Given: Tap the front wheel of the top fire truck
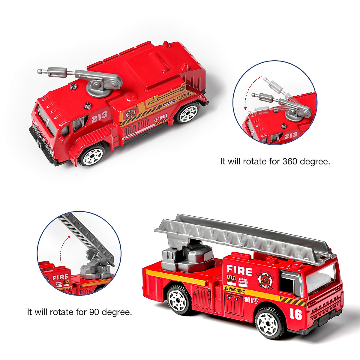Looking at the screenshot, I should pyautogui.click(x=92, y=155).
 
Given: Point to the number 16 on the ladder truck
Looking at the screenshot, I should pyautogui.click(x=296, y=314).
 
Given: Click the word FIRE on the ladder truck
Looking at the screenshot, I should pyautogui.click(x=239, y=271).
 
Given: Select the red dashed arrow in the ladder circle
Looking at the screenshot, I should pyautogui.click(x=63, y=247).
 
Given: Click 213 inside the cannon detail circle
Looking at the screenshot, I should pyautogui.click(x=290, y=135).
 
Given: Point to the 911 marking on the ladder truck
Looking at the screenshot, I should pyautogui.click(x=249, y=299).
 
